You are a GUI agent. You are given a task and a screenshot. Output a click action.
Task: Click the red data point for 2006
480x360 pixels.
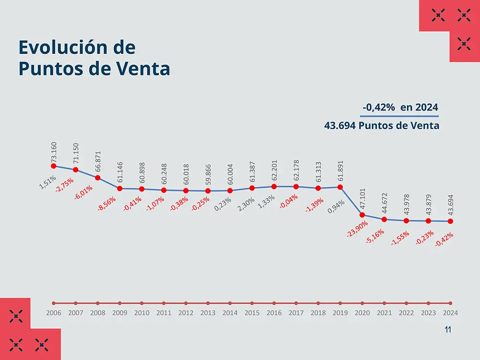pyautogui.click(x=53, y=166)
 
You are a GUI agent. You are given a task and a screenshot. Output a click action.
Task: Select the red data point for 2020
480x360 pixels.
pyautogui.click(x=362, y=215)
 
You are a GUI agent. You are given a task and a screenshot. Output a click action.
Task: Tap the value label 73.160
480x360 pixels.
pyautogui.click(x=54, y=151)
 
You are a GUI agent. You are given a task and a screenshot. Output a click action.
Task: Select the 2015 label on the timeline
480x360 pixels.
pyautogui.click(x=252, y=312)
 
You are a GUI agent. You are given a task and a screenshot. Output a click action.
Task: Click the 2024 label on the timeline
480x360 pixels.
pyautogui.click(x=451, y=312)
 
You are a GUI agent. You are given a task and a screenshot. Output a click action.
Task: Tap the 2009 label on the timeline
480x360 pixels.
pyautogui.click(x=120, y=312)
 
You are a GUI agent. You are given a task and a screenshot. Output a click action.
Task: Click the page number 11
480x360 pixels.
pyautogui.click(x=448, y=330)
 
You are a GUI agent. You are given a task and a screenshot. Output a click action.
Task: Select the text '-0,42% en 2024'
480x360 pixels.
pyautogui.click(x=400, y=108)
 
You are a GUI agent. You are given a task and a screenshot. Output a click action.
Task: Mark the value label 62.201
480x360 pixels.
pyautogui.click(x=275, y=171)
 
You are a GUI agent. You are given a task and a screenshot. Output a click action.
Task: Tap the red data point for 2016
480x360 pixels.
pyautogui.click(x=274, y=186)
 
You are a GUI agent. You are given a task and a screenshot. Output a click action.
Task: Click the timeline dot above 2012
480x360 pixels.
pyautogui.click(x=186, y=303)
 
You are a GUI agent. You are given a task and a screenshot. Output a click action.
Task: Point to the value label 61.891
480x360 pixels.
pyautogui.click(x=341, y=171)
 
